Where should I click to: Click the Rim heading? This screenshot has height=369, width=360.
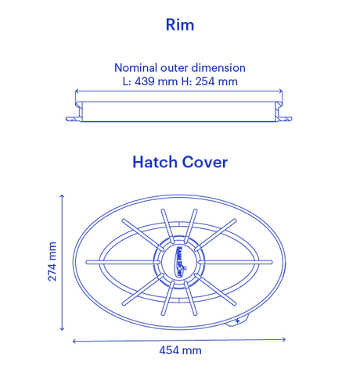click(x=180, y=25)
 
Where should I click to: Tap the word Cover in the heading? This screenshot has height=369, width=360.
click(x=205, y=162)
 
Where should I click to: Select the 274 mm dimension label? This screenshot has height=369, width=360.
click(x=52, y=261)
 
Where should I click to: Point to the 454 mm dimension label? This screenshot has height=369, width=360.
click(x=180, y=350)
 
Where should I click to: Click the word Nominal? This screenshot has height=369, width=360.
click(x=135, y=68)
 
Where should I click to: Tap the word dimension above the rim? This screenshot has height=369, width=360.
click(x=218, y=68)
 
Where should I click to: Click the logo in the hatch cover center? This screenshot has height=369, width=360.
click(x=179, y=262)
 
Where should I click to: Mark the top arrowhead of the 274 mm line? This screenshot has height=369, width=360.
click(x=62, y=196)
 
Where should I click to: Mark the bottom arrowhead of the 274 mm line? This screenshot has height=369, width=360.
click(x=62, y=328)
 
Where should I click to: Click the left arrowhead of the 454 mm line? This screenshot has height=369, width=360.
click(x=74, y=341)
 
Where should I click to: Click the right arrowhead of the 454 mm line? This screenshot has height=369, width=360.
click(x=284, y=339)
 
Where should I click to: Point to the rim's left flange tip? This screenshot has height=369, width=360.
click(x=67, y=119)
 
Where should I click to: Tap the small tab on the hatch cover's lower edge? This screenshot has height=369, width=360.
click(x=236, y=321)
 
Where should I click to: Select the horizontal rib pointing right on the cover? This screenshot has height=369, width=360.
click(x=235, y=262)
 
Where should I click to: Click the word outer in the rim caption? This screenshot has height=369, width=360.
click(x=174, y=68)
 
